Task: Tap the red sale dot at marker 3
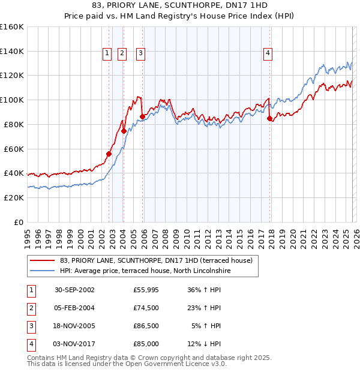[143, 116]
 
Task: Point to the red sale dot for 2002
[109, 154]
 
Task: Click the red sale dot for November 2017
[269, 118]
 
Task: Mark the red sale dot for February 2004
[124, 131]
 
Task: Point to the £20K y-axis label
[12, 197]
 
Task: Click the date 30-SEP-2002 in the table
[74, 290]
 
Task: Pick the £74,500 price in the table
[146, 308]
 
